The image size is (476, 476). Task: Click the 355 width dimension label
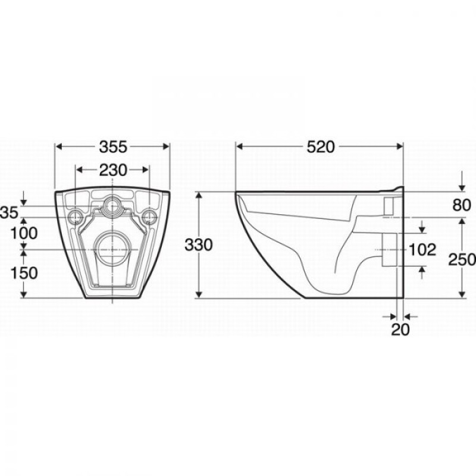[x=113, y=147]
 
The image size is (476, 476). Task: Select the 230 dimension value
[x=113, y=170]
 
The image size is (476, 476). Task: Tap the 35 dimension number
[x=10, y=212]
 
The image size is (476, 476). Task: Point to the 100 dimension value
[x=24, y=233]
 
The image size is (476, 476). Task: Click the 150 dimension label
[x=24, y=273]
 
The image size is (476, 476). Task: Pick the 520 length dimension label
[x=320, y=147]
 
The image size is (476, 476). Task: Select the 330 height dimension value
[x=199, y=245]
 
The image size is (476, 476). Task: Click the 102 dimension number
[x=422, y=250]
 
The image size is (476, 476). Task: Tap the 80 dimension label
[x=462, y=205]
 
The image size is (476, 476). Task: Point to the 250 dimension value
[x=462, y=259]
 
